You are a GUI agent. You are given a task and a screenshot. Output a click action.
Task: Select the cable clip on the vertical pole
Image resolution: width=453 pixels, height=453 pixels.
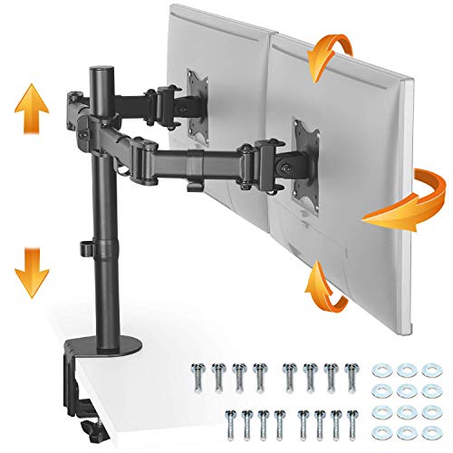[87, 246]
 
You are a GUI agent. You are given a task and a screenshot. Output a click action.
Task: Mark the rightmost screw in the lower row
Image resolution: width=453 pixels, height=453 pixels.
[352, 419]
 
